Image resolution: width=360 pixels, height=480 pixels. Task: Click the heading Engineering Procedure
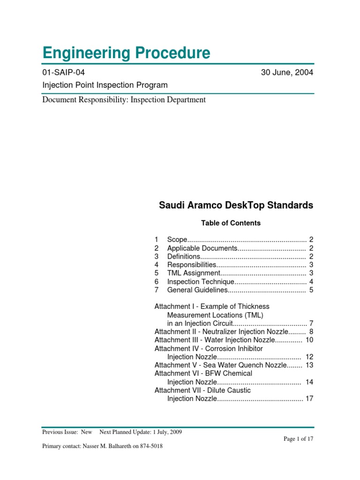pyautogui.click(x=126, y=53)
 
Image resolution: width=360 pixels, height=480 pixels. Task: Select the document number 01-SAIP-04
pyautogui.click(x=64, y=73)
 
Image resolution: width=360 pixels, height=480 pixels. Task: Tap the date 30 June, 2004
pyautogui.click(x=287, y=73)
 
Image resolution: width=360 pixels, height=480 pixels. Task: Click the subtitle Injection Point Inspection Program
pyautogui.click(x=105, y=85)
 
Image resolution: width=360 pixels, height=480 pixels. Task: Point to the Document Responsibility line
pyautogui.click(x=124, y=99)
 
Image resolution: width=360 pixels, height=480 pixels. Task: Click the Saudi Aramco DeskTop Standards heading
pyautogui.click(x=236, y=205)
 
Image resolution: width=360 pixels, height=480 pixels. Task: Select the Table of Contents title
pyautogui.click(x=231, y=223)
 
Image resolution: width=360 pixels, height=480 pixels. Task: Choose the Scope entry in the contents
pyautogui.click(x=177, y=240)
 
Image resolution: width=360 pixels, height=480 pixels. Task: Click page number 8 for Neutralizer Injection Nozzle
pyautogui.click(x=311, y=331)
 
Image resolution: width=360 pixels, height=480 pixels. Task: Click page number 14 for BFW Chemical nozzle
pyautogui.click(x=309, y=382)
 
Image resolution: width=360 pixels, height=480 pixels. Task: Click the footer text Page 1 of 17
pyautogui.click(x=298, y=439)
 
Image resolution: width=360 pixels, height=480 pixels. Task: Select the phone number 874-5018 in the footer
pyautogui.click(x=150, y=446)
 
